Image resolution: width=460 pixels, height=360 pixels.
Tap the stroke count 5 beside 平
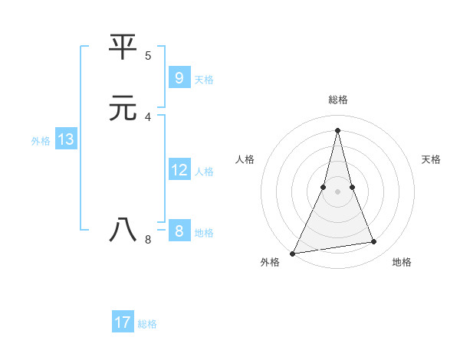click(148, 56)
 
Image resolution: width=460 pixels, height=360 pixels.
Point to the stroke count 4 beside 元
click(148, 117)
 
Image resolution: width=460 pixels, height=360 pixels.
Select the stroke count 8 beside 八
click(148, 240)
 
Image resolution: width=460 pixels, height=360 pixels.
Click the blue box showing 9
click(179, 78)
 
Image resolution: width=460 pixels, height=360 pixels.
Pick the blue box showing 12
click(179, 170)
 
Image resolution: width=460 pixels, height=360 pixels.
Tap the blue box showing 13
click(65, 140)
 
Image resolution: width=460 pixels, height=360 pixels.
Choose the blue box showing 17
click(123, 323)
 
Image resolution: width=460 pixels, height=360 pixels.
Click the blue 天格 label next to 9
click(204, 80)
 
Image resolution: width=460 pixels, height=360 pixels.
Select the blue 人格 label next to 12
click(204, 172)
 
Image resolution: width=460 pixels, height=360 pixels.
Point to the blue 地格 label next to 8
click(204, 233)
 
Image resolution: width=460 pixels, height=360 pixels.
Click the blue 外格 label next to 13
click(41, 141)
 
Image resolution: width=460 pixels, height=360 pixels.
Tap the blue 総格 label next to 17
click(147, 324)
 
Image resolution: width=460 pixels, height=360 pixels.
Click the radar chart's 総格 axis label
click(338, 100)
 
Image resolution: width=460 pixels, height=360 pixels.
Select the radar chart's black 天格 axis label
click(431, 159)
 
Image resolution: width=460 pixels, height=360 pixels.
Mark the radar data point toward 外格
click(292, 254)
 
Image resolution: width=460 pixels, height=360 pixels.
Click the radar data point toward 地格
click(374, 242)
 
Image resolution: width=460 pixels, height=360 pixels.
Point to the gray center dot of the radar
click(338, 191)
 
